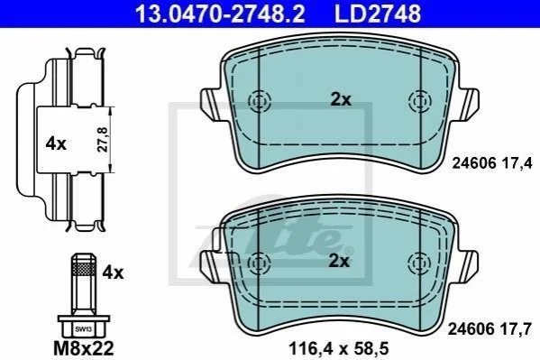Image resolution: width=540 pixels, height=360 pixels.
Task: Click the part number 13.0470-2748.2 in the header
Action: pos(220,14)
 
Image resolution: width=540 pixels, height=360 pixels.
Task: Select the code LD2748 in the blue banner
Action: pos(378,14)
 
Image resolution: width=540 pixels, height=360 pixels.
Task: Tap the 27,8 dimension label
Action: pos(102,139)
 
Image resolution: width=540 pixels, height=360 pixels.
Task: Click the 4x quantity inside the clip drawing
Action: pos(56,143)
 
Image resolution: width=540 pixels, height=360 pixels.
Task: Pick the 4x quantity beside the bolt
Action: pos(113,273)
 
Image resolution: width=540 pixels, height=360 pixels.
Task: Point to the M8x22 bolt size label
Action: pos(84,348)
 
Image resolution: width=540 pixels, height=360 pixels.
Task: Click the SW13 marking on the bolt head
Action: pos(83,329)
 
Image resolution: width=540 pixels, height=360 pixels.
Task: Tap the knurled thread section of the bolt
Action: pos(84,268)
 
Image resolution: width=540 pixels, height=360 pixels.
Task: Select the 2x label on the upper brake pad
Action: pos(341,100)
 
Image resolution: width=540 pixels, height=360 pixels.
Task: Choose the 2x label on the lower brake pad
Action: pos(339,261)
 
